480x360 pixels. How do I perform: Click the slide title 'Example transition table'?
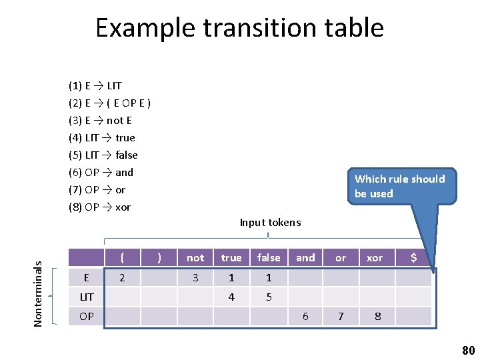click(x=239, y=28)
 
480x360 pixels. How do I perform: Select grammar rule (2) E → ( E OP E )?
click(x=109, y=103)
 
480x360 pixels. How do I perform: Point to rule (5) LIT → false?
click(x=103, y=155)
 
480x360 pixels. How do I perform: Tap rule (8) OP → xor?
click(x=100, y=207)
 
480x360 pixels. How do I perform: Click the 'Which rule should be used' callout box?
click(x=399, y=186)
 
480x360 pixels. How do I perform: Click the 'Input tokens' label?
click(x=270, y=223)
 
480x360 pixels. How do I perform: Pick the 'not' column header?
click(x=195, y=258)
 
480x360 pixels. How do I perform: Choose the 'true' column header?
click(x=231, y=258)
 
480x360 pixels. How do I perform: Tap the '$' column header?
click(x=413, y=258)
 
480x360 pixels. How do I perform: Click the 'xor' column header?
click(x=375, y=258)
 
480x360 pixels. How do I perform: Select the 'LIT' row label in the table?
click(x=87, y=297)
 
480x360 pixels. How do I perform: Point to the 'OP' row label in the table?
click(x=87, y=316)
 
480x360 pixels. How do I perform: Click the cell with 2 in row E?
click(x=121, y=277)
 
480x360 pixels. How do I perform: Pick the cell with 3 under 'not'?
click(x=195, y=277)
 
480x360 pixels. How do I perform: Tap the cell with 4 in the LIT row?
click(x=231, y=297)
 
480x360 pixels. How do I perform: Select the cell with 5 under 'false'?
click(x=269, y=297)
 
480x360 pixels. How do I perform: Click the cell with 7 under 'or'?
click(x=341, y=316)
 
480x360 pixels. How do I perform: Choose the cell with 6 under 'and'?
click(x=305, y=316)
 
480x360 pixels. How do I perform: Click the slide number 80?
click(x=468, y=351)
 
